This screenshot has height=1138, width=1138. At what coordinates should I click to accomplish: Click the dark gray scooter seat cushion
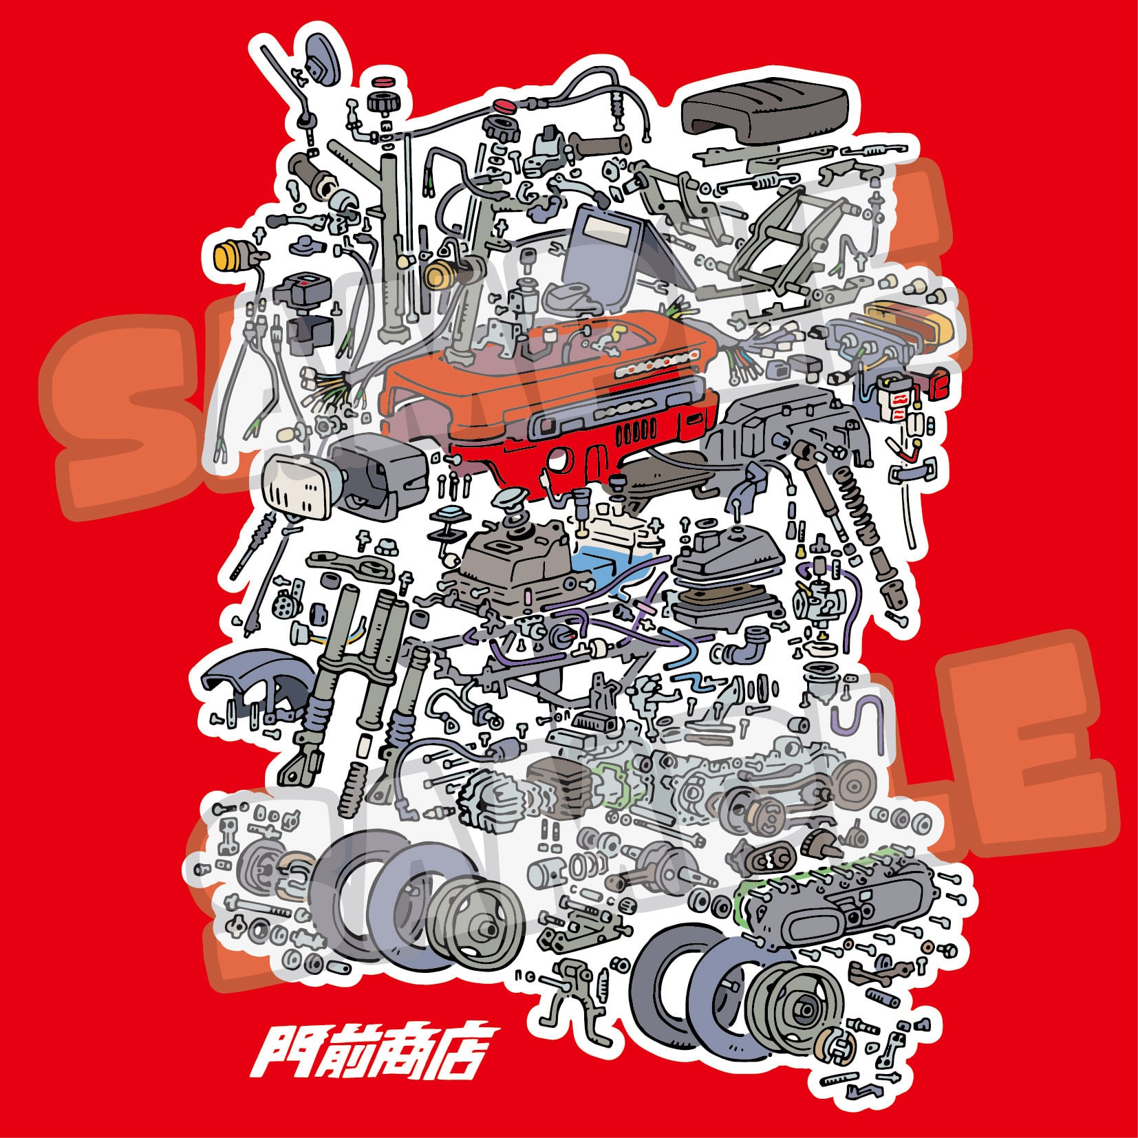pyautogui.click(x=764, y=114)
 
